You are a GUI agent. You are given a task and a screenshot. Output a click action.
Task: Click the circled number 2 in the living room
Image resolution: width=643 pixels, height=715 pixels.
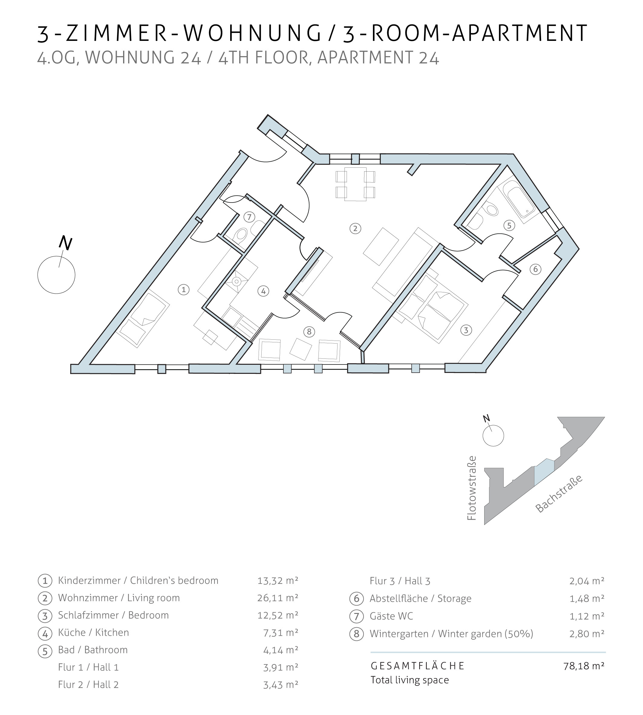pyautogui.click(x=355, y=229)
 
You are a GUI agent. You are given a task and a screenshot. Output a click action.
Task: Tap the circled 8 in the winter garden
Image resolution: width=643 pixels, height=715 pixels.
pyautogui.click(x=309, y=332)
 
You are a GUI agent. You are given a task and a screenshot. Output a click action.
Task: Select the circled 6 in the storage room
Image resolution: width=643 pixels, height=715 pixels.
pyautogui.click(x=535, y=269)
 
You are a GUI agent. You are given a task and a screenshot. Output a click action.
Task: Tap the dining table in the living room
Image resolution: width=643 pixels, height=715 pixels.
pyautogui.click(x=355, y=184)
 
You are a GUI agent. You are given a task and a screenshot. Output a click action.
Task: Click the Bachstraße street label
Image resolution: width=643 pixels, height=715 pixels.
pyautogui.click(x=558, y=494)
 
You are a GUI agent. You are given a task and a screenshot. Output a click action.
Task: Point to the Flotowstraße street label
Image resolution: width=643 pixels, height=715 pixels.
pyautogui.click(x=472, y=488)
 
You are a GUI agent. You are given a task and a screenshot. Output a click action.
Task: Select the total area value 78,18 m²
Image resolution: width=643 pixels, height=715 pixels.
pyautogui.click(x=584, y=666)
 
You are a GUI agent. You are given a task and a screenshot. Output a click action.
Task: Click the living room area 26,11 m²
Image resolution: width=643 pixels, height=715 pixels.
pyautogui.click(x=278, y=598)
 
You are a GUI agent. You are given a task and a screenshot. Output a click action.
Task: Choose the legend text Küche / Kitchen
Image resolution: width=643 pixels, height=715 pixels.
pyautogui.click(x=93, y=632)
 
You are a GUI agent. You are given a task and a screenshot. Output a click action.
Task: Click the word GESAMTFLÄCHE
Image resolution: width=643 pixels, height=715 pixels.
pyautogui.click(x=418, y=666)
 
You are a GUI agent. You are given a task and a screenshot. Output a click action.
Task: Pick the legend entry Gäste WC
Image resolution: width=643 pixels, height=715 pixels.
pyautogui.click(x=391, y=616)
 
